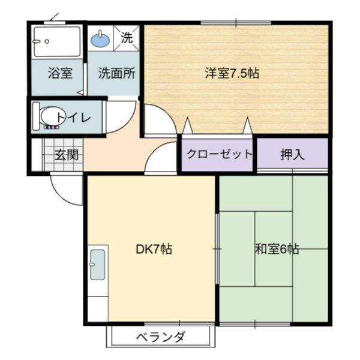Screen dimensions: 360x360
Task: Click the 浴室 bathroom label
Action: point(60,73)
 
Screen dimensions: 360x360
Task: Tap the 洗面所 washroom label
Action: point(116,73)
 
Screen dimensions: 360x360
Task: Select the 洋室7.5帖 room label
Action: point(232,73)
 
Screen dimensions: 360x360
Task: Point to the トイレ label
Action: point(73,118)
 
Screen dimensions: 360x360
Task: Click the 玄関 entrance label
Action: point(67,155)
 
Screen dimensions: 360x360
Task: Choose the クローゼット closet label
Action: point(219,154)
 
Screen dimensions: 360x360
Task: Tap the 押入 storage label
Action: point(292,155)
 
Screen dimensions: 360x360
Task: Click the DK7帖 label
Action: point(154,249)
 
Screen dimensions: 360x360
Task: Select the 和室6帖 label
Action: point(277,249)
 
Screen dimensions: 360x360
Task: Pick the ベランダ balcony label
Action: point(160,337)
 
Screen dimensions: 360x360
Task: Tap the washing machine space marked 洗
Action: point(127,38)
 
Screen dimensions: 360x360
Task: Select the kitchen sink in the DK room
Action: point(98,265)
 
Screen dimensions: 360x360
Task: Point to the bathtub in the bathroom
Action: point(57,42)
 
